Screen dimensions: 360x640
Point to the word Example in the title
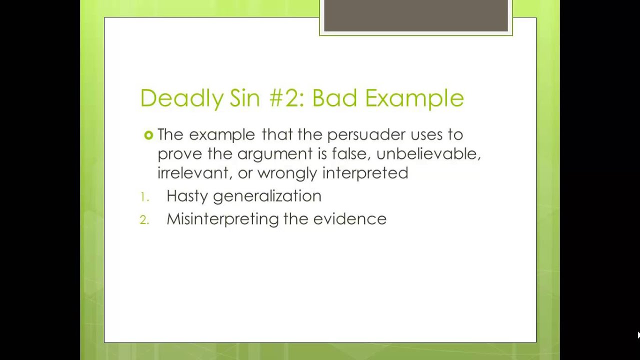pos(414,98)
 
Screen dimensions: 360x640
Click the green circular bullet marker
pos(148,135)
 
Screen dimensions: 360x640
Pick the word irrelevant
pos(193,173)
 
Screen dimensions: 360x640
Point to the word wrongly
pos(287,173)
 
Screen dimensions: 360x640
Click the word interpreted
pos(365,173)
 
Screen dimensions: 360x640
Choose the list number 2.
pos(144,220)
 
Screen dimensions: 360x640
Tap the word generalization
pos(267,196)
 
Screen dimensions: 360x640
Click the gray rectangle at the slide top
pos(415,16)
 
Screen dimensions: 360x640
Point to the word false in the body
pos(348,153)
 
